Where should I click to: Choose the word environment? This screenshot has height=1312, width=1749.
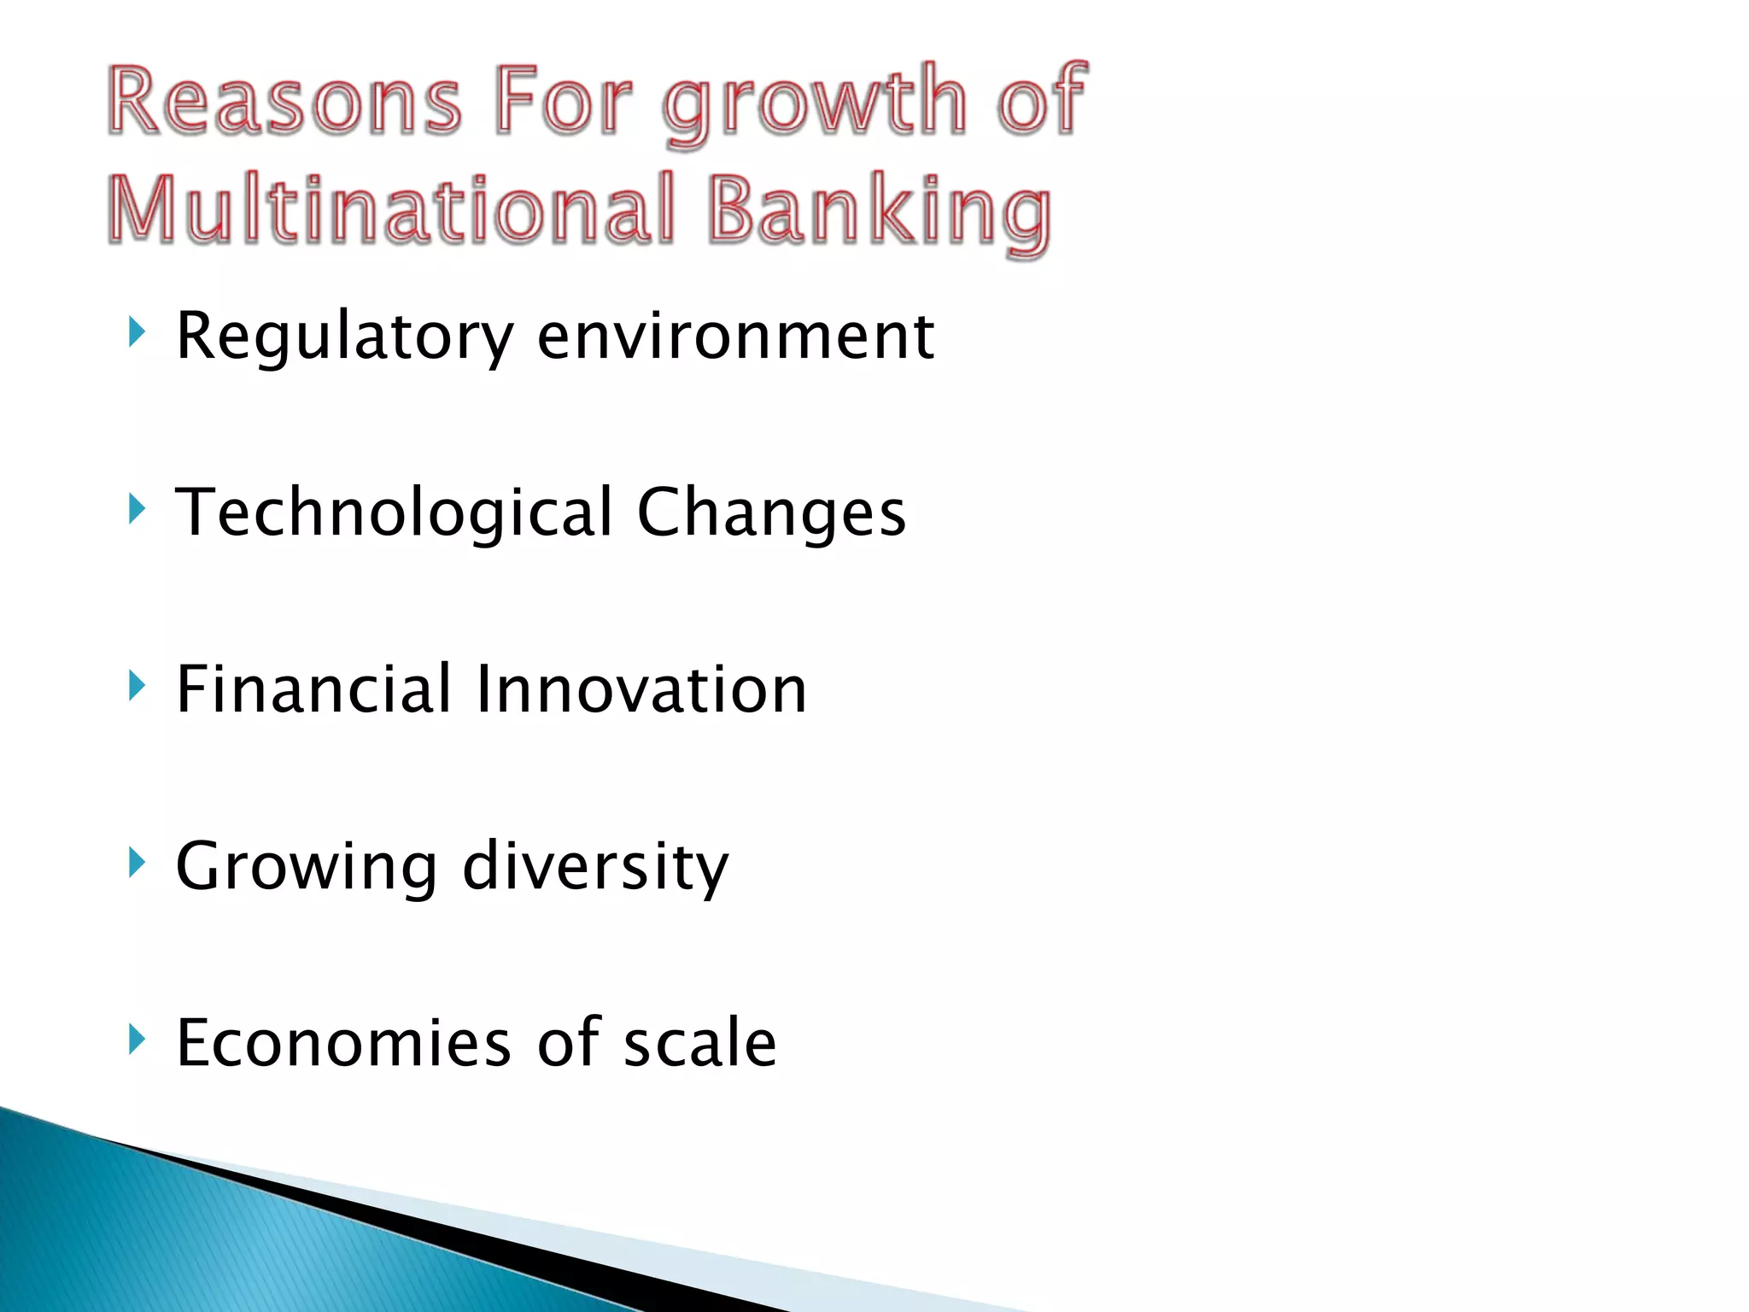pyautogui.click(x=735, y=337)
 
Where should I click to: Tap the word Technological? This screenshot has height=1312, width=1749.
pyautogui.click(x=394, y=513)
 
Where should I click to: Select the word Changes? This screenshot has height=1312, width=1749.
pyautogui.click(x=771, y=513)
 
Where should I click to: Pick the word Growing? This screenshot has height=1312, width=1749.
pyautogui.click(x=307, y=866)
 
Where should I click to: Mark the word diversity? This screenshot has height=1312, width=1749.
pyautogui.click(x=595, y=866)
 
